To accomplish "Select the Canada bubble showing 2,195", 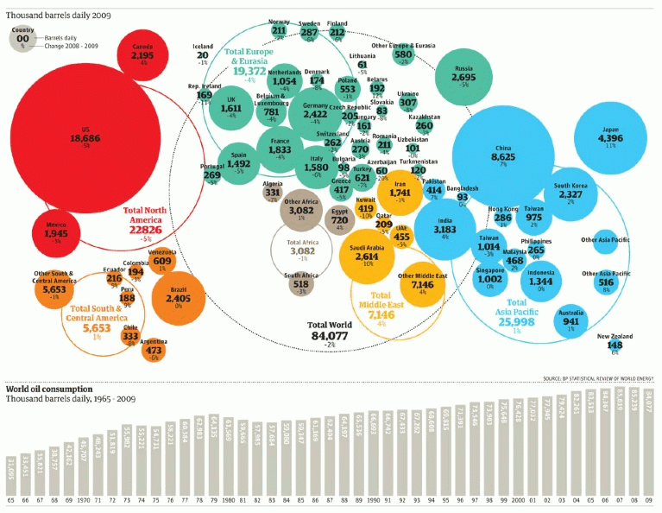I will [x=142, y=54].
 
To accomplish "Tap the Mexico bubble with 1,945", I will [x=56, y=231].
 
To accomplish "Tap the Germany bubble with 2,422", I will [x=315, y=111].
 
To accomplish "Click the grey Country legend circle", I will [x=23, y=37].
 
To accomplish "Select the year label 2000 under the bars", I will [x=517, y=499].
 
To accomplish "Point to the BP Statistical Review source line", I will [x=598, y=378].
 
